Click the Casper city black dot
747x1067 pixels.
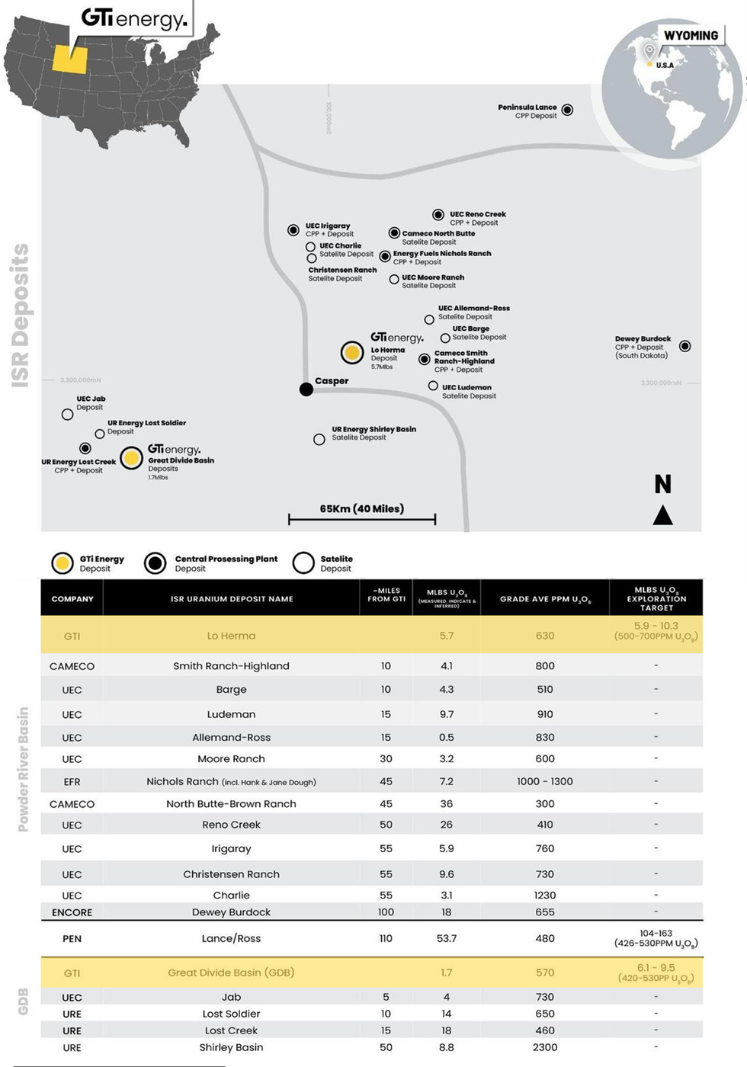(x=306, y=389)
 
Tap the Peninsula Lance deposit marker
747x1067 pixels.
(x=567, y=111)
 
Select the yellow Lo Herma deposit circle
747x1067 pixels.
(x=352, y=352)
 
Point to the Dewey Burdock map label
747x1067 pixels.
(x=643, y=347)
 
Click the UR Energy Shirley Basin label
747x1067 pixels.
(x=373, y=433)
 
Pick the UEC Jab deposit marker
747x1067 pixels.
(x=68, y=415)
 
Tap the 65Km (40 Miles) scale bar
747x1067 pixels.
(x=362, y=519)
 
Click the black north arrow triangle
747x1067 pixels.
(x=662, y=516)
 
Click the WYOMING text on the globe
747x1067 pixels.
(x=691, y=36)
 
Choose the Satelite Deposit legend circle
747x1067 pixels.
(x=303, y=563)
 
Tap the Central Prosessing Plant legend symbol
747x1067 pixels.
(x=155, y=563)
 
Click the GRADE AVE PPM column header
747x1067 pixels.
(x=545, y=599)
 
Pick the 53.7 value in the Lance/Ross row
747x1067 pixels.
(x=446, y=938)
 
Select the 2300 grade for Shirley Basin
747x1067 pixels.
(x=545, y=1047)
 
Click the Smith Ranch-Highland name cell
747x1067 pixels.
(x=231, y=666)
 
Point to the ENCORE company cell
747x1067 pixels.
(x=72, y=912)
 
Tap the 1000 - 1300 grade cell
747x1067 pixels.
(x=545, y=781)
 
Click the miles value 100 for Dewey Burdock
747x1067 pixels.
(x=386, y=912)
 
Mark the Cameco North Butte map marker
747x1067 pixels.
(x=394, y=233)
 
